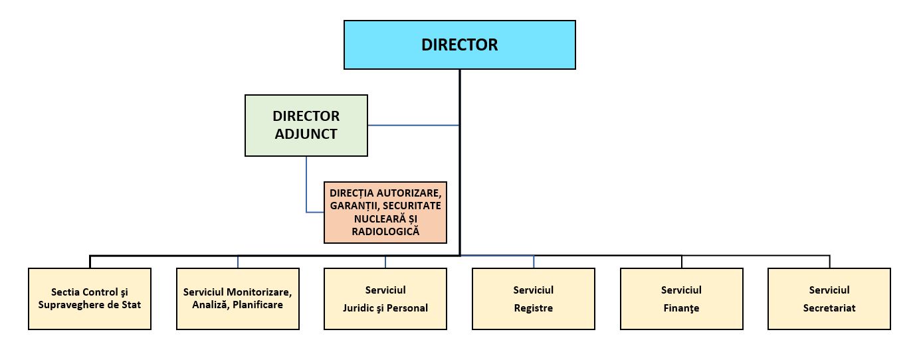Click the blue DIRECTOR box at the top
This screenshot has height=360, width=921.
(x=460, y=45)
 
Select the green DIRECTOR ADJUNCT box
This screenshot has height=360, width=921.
(x=306, y=126)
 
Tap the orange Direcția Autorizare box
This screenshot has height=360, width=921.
(x=385, y=213)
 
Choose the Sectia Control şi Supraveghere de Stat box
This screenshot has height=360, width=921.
(x=90, y=299)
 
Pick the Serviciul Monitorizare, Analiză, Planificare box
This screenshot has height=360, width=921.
(x=238, y=299)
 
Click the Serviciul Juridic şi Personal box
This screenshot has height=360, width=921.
(x=385, y=299)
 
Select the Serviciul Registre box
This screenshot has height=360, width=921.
(x=534, y=299)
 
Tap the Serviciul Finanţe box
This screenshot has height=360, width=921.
(x=681, y=299)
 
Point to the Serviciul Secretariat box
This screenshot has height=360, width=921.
(x=829, y=299)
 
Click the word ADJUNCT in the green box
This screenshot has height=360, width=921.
(x=306, y=134)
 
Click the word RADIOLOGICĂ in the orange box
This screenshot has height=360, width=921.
(x=385, y=231)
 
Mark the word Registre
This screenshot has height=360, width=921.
(x=534, y=308)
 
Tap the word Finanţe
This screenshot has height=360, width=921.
(x=681, y=308)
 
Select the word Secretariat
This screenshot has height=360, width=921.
(x=829, y=308)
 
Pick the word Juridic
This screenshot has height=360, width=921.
(x=358, y=308)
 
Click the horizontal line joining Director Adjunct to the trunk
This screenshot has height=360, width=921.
(x=413, y=126)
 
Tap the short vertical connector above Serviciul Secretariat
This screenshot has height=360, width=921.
(x=829, y=262)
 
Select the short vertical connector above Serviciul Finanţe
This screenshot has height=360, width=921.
(x=681, y=262)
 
